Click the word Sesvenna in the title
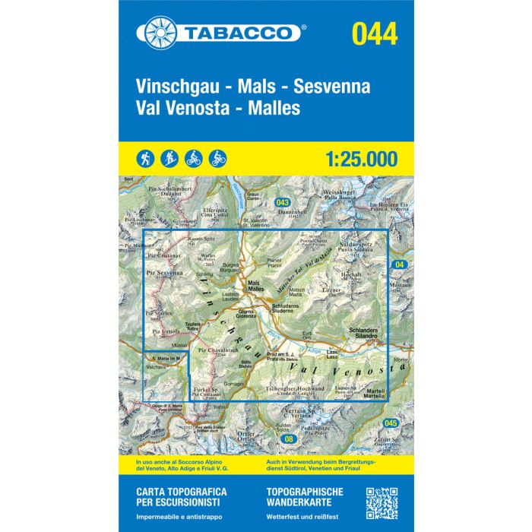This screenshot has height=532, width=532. [x=335, y=86]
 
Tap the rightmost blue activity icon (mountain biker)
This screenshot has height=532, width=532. [x=218, y=159]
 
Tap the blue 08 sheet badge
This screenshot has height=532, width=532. [x=287, y=439]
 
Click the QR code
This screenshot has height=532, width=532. [x=382, y=502]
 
